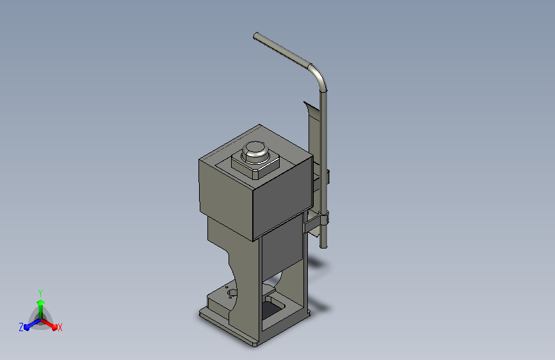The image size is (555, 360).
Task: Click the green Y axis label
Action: coord(40,293)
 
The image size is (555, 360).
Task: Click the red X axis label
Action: coord(60,328)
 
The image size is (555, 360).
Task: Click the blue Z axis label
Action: coord(21,327)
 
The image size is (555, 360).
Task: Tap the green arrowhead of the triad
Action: coord(40,302)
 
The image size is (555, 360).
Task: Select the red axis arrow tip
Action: coord(54,327)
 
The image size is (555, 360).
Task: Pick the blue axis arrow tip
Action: coord(27,327)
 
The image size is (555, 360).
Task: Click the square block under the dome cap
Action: coord(255,166)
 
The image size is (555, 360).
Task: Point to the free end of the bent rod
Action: coord(255,35)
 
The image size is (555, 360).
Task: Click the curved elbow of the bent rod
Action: coord(319,76)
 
